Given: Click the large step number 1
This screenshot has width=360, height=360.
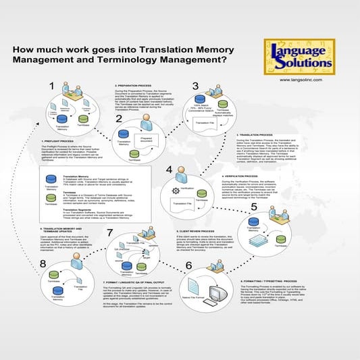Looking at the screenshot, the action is [51, 86].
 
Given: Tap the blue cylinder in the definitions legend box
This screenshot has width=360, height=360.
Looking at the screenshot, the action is [50, 180].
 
